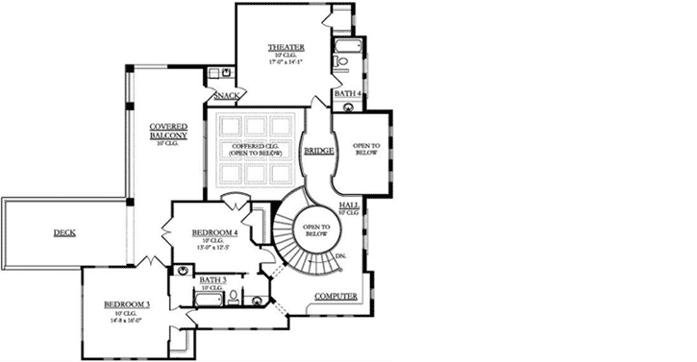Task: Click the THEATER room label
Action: click(x=286, y=47)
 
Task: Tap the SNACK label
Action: click(x=226, y=95)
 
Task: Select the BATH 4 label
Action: click(x=347, y=94)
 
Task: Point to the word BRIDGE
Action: click(x=318, y=152)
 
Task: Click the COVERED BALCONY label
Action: click(x=167, y=132)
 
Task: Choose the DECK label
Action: click(x=64, y=232)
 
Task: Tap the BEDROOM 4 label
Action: click(x=214, y=232)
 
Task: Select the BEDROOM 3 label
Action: click(x=127, y=305)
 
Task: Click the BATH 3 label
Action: click(x=212, y=279)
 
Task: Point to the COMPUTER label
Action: click(x=336, y=296)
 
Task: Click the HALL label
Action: click(x=350, y=205)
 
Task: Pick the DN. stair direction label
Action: click(x=340, y=256)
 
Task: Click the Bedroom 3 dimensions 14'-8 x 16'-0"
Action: click(x=127, y=322)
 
